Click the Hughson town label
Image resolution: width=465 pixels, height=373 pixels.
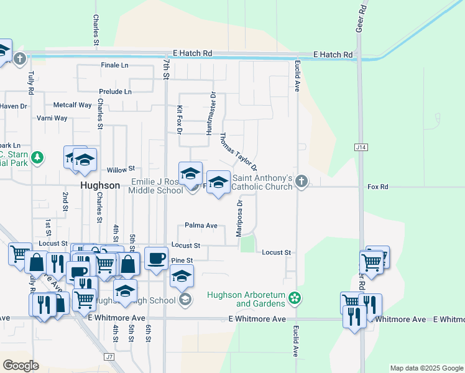(x=100, y=185)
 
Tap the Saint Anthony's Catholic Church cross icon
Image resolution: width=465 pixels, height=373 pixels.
(x=302, y=182)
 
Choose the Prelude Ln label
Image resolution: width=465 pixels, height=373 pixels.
(x=116, y=91)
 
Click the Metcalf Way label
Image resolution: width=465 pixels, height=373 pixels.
(x=72, y=105)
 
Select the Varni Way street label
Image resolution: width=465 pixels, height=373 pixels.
(x=52, y=118)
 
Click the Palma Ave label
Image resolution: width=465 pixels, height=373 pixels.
(x=201, y=226)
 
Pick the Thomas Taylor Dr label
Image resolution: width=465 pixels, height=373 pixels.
(x=238, y=151)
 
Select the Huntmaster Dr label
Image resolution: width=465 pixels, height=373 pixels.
(x=211, y=113)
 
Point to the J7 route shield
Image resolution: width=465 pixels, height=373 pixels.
(x=110, y=357)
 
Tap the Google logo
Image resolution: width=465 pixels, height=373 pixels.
(x=21, y=366)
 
